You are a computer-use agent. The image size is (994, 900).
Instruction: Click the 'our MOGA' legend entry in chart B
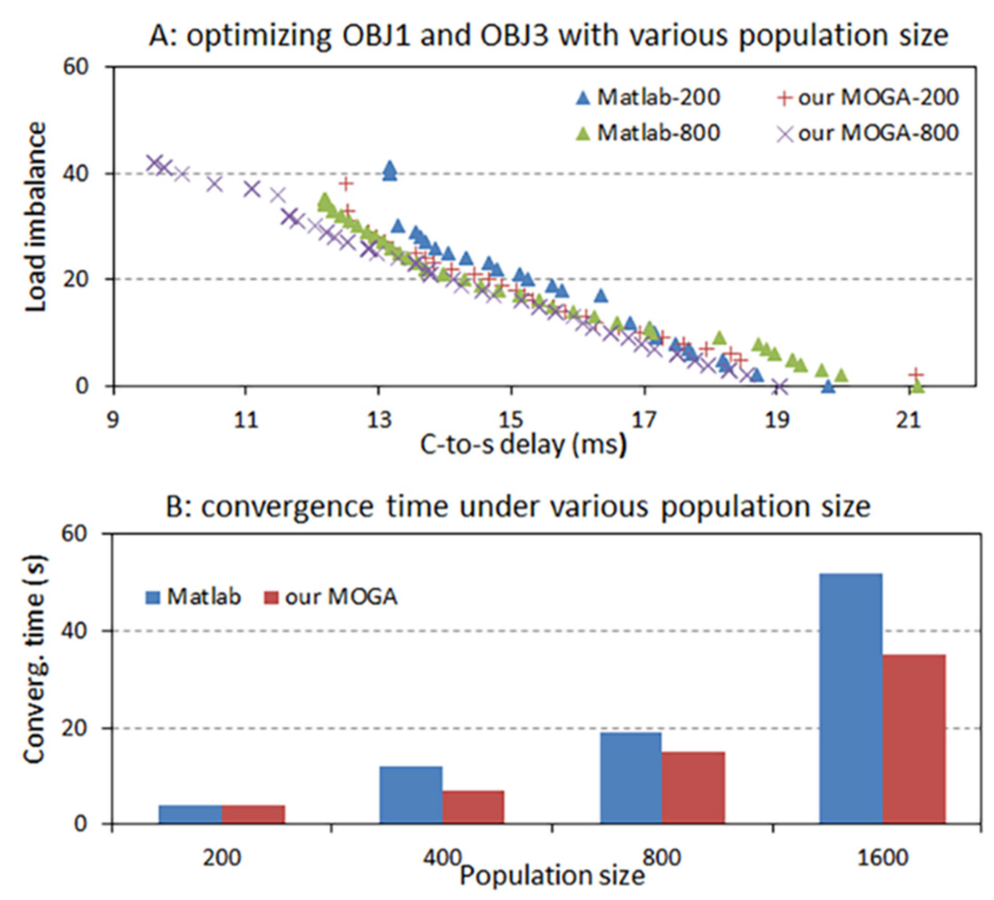coord(331,597)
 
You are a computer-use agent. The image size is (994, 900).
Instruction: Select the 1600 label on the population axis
coord(882,858)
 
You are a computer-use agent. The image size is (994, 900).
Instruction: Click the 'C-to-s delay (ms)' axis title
coord(523,445)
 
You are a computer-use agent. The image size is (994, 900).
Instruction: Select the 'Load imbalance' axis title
coord(35,217)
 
